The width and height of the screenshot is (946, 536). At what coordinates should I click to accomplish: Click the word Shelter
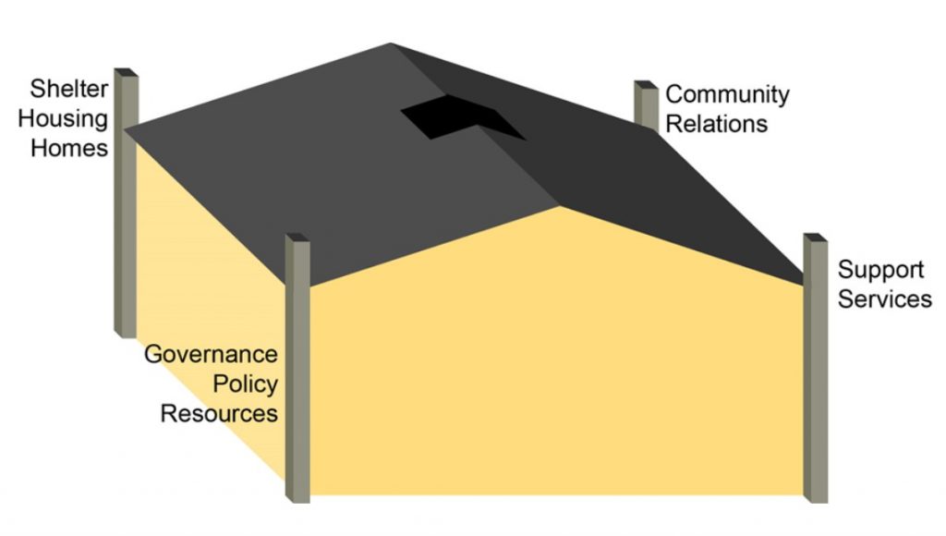pyautogui.click(x=69, y=91)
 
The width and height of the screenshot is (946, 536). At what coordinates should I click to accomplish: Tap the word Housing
pyautogui.click(x=67, y=119)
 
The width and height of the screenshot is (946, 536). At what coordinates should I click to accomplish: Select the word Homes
pyautogui.click(x=69, y=148)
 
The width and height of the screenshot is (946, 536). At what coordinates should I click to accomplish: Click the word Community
pyautogui.click(x=727, y=94)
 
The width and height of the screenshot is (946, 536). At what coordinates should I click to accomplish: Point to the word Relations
pyautogui.click(x=716, y=123)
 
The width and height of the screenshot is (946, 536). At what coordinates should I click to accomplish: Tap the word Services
pyautogui.click(x=885, y=299)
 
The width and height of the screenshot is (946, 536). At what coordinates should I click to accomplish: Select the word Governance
pyautogui.click(x=211, y=355)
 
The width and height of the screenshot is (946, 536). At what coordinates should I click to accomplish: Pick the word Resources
pyautogui.click(x=219, y=412)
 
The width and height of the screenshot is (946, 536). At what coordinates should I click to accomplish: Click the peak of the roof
pyautogui.click(x=390, y=44)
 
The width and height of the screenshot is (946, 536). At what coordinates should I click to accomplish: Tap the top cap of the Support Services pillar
pyautogui.click(x=815, y=238)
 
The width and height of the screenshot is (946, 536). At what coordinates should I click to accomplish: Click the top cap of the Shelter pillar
pyautogui.click(x=126, y=73)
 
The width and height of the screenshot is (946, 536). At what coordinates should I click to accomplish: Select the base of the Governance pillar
pyautogui.click(x=297, y=495)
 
